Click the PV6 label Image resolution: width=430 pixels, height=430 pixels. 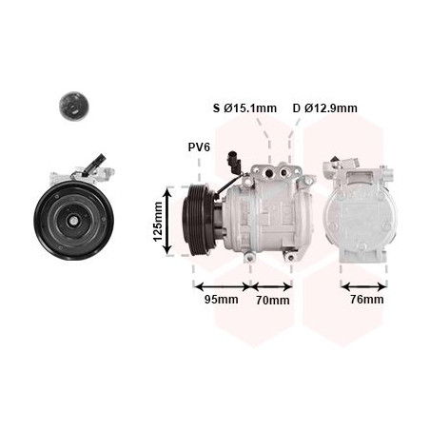pyautogui.click(x=199, y=147)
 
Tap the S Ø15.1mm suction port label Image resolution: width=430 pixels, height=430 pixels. pyautogui.click(x=244, y=108)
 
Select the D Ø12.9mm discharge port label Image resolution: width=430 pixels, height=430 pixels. pyautogui.click(x=325, y=108)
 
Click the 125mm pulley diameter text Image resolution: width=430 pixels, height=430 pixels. pyautogui.click(x=158, y=222)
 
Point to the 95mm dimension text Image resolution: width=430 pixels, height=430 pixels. pyautogui.click(x=221, y=299)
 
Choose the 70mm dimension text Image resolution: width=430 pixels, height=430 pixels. pyautogui.click(x=273, y=300)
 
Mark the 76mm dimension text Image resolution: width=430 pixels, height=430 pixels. pyautogui.click(x=367, y=299)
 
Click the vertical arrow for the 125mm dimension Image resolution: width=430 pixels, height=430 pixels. pyautogui.click(x=168, y=221)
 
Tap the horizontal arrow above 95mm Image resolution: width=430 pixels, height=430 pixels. pyautogui.click(x=223, y=287)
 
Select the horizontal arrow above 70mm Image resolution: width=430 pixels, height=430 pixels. pyautogui.click(x=272, y=287)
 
